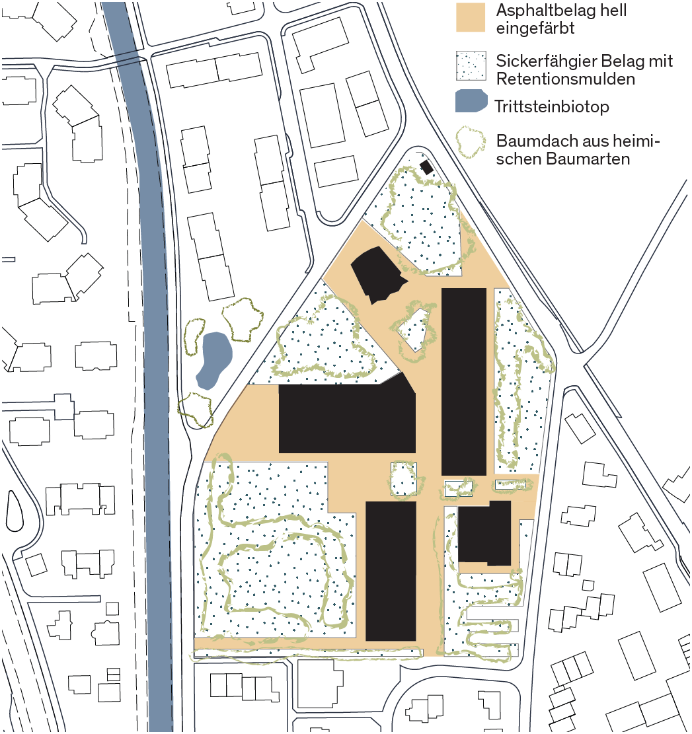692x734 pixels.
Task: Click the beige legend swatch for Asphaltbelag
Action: point(471,17)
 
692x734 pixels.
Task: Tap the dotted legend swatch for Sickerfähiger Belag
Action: point(471,65)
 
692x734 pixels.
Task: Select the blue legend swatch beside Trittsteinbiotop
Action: point(471,100)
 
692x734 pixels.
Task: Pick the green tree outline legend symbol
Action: point(471,141)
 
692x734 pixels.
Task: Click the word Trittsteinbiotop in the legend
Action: point(552,107)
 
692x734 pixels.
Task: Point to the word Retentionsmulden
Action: point(566,79)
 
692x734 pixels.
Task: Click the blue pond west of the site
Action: point(214,360)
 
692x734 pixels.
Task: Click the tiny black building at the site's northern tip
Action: point(426,167)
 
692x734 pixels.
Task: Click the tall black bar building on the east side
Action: point(463,381)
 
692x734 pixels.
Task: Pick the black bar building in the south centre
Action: point(391,571)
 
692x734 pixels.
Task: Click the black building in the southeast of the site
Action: point(484,532)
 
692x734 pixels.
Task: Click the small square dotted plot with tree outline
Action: point(404,480)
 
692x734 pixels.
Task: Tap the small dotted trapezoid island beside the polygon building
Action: point(414,330)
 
